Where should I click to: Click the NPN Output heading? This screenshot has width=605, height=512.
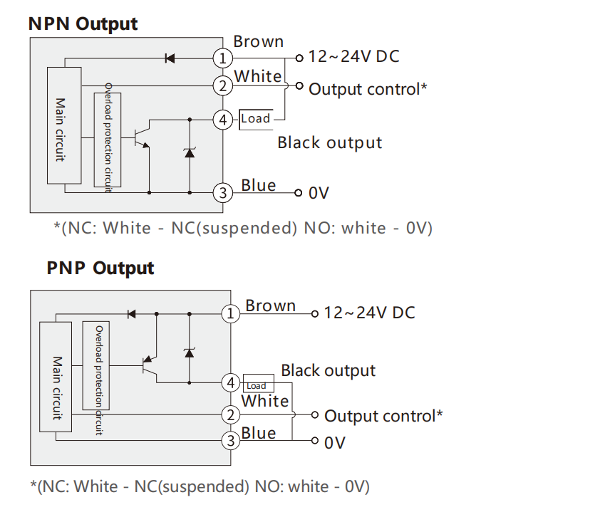pyautogui.click(x=83, y=23)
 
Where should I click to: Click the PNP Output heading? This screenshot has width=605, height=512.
pyautogui.click(x=100, y=268)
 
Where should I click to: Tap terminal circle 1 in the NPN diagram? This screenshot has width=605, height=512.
pyautogui.click(x=223, y=58)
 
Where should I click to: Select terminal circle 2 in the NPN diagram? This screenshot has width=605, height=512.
pyautogui.click(x=223, y=86)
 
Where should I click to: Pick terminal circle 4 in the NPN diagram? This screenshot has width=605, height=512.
pyautogui.click(x=223, y=120)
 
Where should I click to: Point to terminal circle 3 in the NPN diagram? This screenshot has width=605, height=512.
pyautogui.click(x=223, y=192)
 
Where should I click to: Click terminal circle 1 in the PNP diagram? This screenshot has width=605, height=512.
pyautogui.click(x=230, y=313)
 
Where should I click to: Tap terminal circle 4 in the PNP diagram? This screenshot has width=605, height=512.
pyautogui.click(x=230, y=383)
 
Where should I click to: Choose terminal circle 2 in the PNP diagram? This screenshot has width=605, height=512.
pyautogui.click(x=230, y=415)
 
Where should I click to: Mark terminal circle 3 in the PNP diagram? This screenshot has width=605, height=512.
pyautogui.click(x=230, y=442)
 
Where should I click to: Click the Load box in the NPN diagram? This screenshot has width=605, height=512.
pyautogui.click(x=256, y=118)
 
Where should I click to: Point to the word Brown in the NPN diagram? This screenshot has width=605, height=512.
pyautogui.click(x=259, y=41)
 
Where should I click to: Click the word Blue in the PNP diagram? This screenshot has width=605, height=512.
pyautogui.click(x=258, y=433)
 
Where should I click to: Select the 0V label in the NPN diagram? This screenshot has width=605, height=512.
pyautogui.click(x=319, y=193)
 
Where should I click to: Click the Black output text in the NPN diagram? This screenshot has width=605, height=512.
pyautogui.click(x=330, y=142)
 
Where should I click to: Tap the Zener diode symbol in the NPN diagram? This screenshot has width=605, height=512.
pyautogui.click(x=190, y=152)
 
